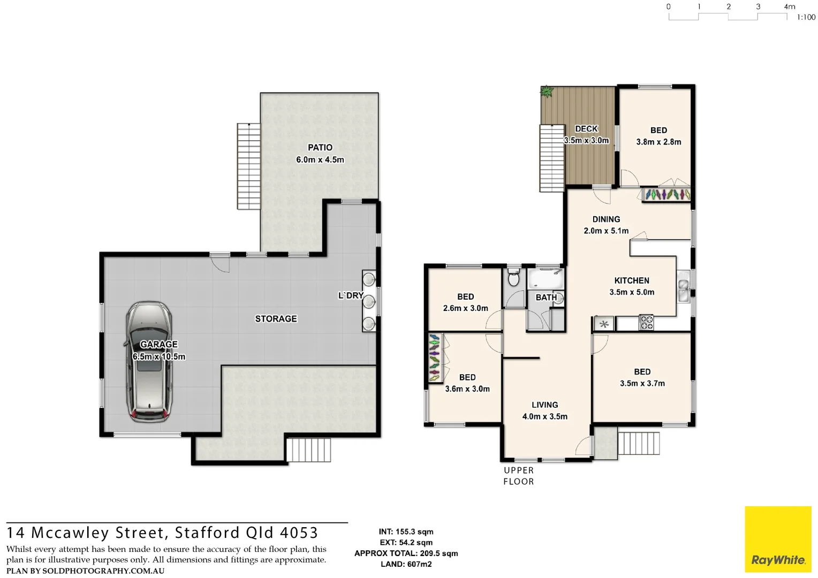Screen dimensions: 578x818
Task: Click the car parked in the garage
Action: click(149, 362)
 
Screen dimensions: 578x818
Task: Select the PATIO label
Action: click(320, 148)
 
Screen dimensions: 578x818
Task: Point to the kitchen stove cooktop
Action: click(646, 323)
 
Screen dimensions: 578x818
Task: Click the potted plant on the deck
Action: click(546, 92)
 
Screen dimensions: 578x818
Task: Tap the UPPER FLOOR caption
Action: click(518, 476)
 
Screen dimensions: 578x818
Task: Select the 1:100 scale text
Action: click(806, 18)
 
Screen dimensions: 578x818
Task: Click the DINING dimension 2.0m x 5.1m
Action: click(606, 231)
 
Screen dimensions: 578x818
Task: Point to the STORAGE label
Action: click(276, 319)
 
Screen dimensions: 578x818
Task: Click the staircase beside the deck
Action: click(552, 158)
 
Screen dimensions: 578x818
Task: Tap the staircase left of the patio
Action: click(249, 166)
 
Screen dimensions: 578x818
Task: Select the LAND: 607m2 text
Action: click(406, 564)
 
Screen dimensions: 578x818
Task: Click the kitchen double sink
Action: click(684, 290)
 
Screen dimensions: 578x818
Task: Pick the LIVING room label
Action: click(544, 405)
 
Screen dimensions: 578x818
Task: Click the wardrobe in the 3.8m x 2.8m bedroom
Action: click(666, 194)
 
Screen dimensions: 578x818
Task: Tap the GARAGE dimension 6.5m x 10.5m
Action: click(159, 357)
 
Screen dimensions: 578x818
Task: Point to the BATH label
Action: click(546, 298)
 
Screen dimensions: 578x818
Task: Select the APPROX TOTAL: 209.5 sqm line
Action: click(406, 553)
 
